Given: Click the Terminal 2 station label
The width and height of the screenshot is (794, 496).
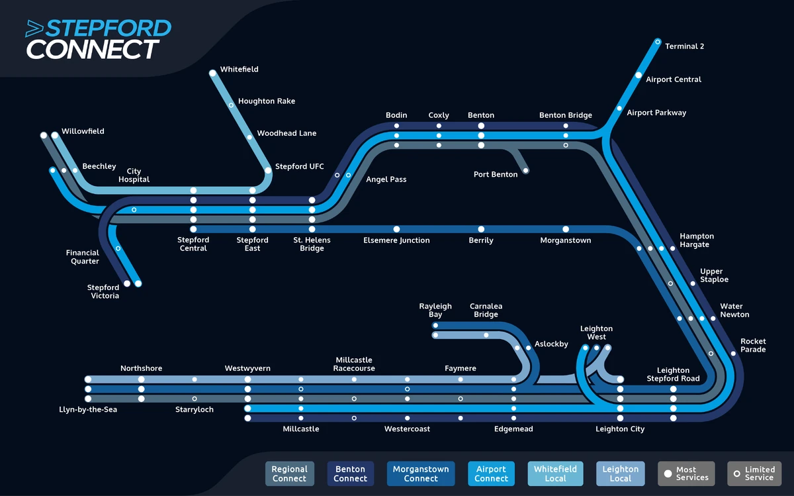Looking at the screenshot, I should [684, 46].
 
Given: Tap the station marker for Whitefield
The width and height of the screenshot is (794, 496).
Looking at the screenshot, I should [212, 74].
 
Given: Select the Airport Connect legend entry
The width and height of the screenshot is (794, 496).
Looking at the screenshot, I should [491, 473].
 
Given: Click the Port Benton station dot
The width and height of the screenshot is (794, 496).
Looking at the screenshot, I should [526, 171].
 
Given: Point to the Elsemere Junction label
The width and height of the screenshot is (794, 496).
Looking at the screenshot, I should [396, 240].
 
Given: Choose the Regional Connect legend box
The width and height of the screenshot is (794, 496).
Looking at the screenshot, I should [289, 473].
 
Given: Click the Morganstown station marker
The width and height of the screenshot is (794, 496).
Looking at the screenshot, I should [566, 229].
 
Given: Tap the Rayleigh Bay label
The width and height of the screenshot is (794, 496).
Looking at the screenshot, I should [435, 311].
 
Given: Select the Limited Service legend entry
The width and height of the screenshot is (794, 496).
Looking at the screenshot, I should [754, 473].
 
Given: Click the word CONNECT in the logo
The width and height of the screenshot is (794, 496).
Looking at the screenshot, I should [92, 50].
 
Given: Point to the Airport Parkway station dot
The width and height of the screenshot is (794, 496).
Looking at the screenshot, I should [619, 109].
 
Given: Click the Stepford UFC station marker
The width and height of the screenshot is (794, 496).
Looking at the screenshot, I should [268, 170].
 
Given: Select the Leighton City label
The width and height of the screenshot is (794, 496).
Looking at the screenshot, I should [620, 429].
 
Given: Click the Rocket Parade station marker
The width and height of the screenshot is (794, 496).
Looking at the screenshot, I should [733, 354].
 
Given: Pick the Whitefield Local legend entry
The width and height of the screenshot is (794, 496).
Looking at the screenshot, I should [555, 473].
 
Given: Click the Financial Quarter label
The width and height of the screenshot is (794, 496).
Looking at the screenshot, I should [83, 257].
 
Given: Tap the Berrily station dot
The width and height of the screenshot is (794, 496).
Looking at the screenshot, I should [481, 229].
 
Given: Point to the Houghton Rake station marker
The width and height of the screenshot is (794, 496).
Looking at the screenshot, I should [231, 105].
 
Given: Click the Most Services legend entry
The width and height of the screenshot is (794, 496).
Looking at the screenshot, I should [686, 473].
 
